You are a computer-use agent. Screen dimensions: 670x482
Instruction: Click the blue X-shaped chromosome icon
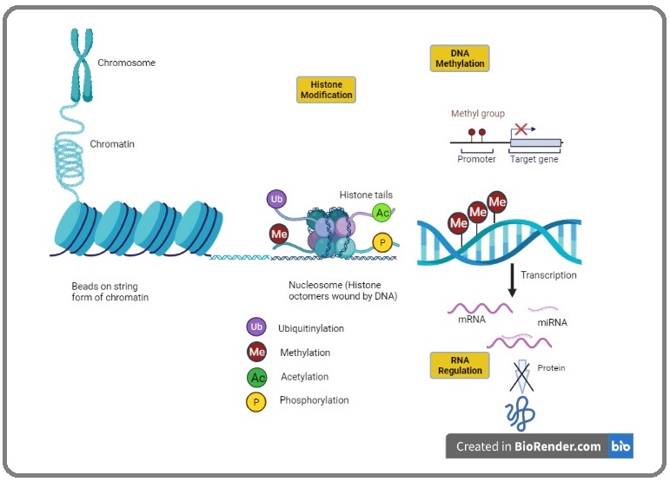[82, 65]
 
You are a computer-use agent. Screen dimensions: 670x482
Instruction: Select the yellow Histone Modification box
[326, 89]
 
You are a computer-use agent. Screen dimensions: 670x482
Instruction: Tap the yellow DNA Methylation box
[460, 58]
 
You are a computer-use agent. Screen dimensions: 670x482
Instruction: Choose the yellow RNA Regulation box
[460, 366]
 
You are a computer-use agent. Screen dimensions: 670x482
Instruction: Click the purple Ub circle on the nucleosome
[276, 199]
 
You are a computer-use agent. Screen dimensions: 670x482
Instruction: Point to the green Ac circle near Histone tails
[382, 213]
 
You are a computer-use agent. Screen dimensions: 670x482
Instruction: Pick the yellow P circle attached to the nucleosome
[382, 242]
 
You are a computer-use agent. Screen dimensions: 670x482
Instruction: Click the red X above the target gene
[521, 129]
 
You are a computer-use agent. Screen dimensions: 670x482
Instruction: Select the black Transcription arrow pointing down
[512, 280]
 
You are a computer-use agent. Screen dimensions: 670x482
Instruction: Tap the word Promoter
[476, 159]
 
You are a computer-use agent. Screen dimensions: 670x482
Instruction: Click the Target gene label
[534, 159]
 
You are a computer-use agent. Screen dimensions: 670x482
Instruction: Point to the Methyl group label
[478, 114]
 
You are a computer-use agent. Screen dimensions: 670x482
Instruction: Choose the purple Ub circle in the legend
[256, 327]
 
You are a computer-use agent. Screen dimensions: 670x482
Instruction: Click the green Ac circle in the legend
[257, 378]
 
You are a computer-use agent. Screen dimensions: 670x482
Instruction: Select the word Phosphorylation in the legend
[314, 400]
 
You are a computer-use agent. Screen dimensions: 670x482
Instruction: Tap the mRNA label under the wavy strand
[472, 320]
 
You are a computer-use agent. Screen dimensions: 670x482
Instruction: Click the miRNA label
[552, 323]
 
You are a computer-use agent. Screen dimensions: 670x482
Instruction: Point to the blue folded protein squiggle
[520, 413]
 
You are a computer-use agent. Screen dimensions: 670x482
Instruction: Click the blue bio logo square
[620, 446]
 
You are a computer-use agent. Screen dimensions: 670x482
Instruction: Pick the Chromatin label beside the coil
[112, 144]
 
